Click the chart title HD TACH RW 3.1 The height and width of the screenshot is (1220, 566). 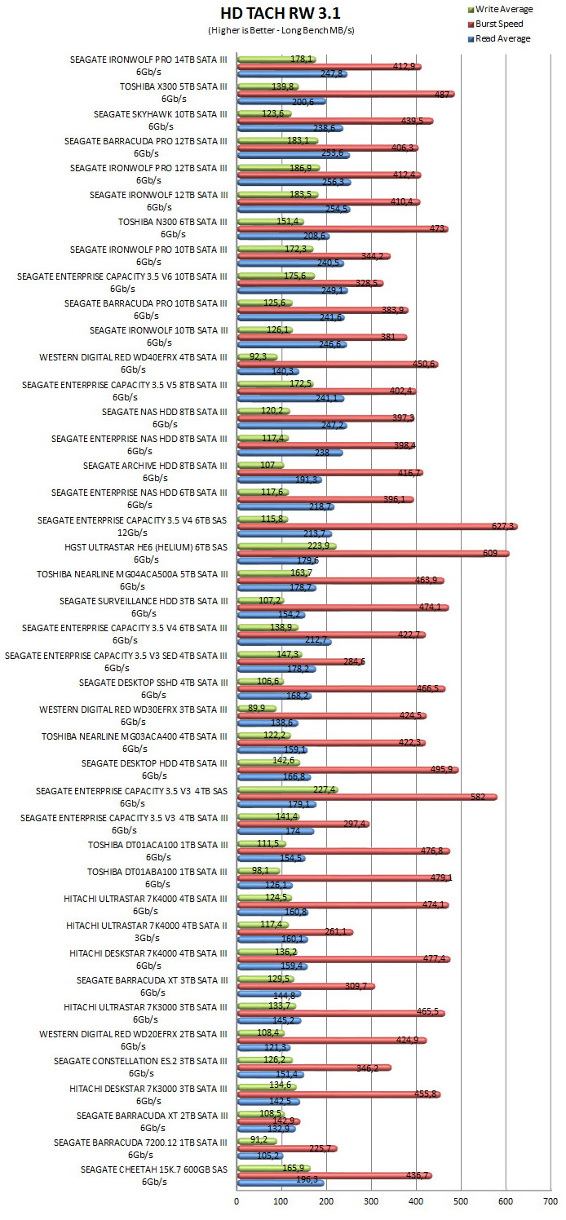(281, 12)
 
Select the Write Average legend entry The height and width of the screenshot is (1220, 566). (500, 9)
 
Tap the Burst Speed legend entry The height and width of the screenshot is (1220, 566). (495, 24)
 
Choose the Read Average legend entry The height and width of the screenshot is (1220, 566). (499, 38)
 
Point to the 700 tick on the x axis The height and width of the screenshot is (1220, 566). (551, 1201)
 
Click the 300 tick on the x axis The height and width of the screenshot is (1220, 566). (371, 1201)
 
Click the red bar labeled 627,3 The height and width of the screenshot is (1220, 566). (377, 526)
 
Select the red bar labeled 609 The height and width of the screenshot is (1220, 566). (374, 554)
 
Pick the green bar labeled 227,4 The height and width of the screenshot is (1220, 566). (288, 789)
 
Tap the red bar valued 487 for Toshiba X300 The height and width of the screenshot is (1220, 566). (346, 95)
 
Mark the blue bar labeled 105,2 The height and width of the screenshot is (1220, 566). (260, 1156)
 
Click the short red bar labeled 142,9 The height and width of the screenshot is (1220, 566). (268, 1121)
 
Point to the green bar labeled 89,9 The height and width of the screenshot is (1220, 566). (257, 709)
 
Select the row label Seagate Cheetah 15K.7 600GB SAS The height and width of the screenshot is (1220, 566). (153, 1175)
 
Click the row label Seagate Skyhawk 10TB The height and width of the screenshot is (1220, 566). (160, 120)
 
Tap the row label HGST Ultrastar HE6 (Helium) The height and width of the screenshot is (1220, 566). (145, 553)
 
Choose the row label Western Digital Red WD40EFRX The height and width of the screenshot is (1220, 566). (133, 363)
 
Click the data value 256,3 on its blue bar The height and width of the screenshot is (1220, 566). (333, 182)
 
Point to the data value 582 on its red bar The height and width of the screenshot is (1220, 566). (478, 797)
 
